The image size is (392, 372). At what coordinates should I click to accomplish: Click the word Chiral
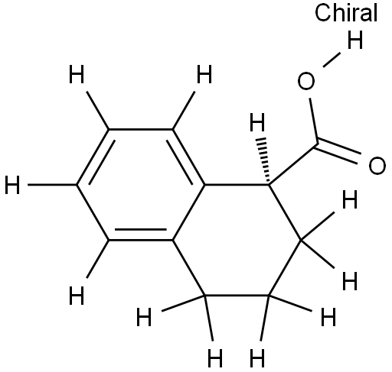pos(346,13)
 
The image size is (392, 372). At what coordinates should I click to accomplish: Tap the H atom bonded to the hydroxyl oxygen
pos(355,40)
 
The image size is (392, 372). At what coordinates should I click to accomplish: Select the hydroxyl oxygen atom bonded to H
pos(306,81)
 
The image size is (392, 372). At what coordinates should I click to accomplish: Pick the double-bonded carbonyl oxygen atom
pos(377,166)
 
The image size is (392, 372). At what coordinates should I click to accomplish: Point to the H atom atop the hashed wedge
pos(257,122)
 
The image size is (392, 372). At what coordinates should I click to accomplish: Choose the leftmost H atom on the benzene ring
pos(12,185)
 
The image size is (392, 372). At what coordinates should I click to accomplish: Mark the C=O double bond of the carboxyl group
pos(338,152)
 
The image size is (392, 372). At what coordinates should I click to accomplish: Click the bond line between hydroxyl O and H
pos(332,60)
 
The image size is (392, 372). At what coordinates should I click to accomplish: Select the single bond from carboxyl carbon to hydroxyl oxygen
pos(314,121)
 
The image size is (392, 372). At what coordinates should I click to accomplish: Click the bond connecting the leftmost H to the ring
pos(52,185)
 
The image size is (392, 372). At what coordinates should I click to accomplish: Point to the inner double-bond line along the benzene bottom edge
pos(141,230)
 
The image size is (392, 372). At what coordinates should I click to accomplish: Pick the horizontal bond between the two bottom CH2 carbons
pos(237,296)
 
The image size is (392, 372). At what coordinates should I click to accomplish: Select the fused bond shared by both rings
pos(188,212)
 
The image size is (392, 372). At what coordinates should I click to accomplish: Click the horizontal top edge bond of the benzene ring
pos(141,129)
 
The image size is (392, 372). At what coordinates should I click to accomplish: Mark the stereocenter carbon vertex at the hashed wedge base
pos(269,185)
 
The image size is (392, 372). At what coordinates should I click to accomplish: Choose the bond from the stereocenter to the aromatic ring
pos(237,185)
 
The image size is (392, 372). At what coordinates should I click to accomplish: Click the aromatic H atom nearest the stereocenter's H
pos(204,74)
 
